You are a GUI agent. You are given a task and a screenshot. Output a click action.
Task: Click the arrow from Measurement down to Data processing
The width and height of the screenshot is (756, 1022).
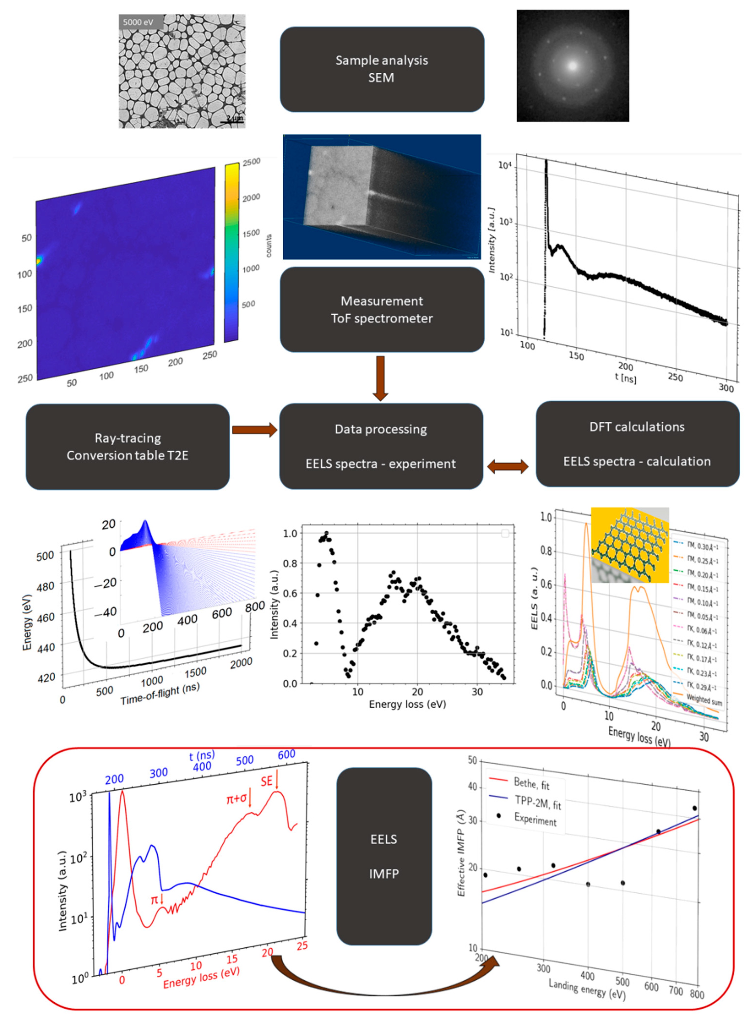coord(380,378)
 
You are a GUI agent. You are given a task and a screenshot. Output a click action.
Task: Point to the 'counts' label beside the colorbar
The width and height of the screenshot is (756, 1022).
coord(269,245)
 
